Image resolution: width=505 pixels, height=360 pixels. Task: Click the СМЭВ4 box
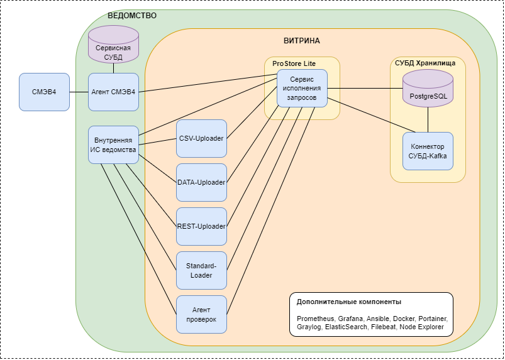coord(44,92)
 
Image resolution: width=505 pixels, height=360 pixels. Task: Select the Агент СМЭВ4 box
coord(113,92)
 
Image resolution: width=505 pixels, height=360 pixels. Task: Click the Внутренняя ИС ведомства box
coord(113,145)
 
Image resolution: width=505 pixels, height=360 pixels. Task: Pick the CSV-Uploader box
coord(201,138)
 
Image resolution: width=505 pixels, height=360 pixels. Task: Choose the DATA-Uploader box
coord(201,182)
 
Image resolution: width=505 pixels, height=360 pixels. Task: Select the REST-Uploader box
coord(201,226)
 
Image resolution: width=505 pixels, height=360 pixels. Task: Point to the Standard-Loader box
coord(201,270)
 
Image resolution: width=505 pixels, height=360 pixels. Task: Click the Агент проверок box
coord(201,314)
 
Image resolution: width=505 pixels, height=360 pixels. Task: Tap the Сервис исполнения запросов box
coord(302,88)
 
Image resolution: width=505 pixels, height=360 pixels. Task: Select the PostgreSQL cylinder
coord(428,88)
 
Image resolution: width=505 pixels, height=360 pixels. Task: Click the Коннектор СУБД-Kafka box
coord(428,151)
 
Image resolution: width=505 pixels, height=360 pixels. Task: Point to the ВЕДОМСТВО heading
coord(132,15)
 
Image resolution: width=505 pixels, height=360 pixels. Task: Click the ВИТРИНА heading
coord(302,41)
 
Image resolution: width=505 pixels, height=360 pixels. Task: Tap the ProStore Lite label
coord(294,63)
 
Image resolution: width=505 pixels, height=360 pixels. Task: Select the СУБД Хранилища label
coord(428,63)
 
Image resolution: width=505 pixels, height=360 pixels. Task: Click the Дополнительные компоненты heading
coord(349,302)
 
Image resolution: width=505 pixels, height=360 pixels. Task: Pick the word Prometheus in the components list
coord(314,319)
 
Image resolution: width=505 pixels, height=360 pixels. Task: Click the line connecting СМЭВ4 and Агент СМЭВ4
coord(79,92)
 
